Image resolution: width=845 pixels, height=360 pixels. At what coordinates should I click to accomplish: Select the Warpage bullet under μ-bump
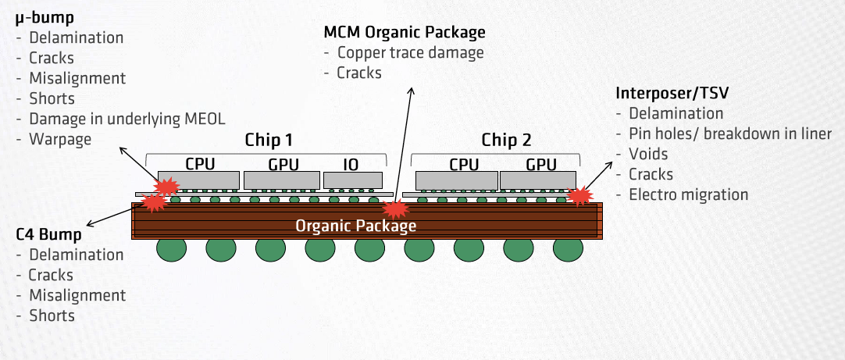[x=60, y=140]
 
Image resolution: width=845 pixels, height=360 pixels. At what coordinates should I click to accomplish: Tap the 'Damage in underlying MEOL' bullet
[x=127, y=119]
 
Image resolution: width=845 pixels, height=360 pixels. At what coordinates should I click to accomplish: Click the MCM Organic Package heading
[x=405, y=33]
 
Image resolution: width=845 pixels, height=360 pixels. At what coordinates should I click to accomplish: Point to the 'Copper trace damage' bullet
[x=411, y=53]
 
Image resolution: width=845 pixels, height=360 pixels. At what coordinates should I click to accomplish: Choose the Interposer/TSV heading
[x=672, y=93]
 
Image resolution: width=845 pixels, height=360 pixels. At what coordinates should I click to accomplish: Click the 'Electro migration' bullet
[x=688, y=194]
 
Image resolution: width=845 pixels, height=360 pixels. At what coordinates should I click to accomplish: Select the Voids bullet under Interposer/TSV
[x=648, y=154]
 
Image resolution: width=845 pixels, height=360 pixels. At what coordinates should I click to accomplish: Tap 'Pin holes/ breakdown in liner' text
[x=730, y=134]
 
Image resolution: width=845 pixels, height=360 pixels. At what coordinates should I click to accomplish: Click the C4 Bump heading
[x=48, y=234]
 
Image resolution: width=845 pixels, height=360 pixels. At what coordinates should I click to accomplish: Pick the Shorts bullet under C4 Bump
[x=52, y=315]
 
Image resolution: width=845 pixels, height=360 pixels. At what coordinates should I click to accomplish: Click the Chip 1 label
[x=268, y=141]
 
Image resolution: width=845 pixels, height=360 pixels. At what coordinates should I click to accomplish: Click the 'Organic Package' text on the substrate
[x=355, y=226]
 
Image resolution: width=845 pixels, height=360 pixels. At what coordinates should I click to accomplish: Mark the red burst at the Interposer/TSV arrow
[x=579, y=195]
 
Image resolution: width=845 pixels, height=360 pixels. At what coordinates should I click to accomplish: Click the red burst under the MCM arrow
[x=395, y=209]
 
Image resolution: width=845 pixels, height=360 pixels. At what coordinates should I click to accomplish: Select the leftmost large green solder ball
[x=171, y=250]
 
